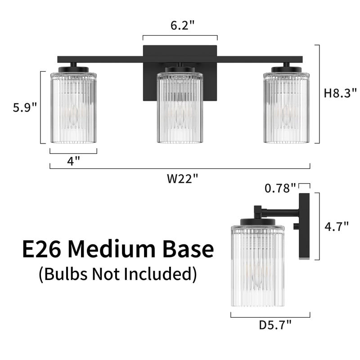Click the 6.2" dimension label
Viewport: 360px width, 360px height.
[182, 25]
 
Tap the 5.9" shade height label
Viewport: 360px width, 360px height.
[25, 107]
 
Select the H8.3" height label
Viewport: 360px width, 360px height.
[340, 93]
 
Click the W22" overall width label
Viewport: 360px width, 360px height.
[182, 178]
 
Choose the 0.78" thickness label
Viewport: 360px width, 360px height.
[280, 188]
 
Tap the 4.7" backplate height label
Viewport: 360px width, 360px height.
[336, 226]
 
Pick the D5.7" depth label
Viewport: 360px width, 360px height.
[275, 325]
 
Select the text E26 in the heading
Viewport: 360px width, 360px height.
[41, 249]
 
